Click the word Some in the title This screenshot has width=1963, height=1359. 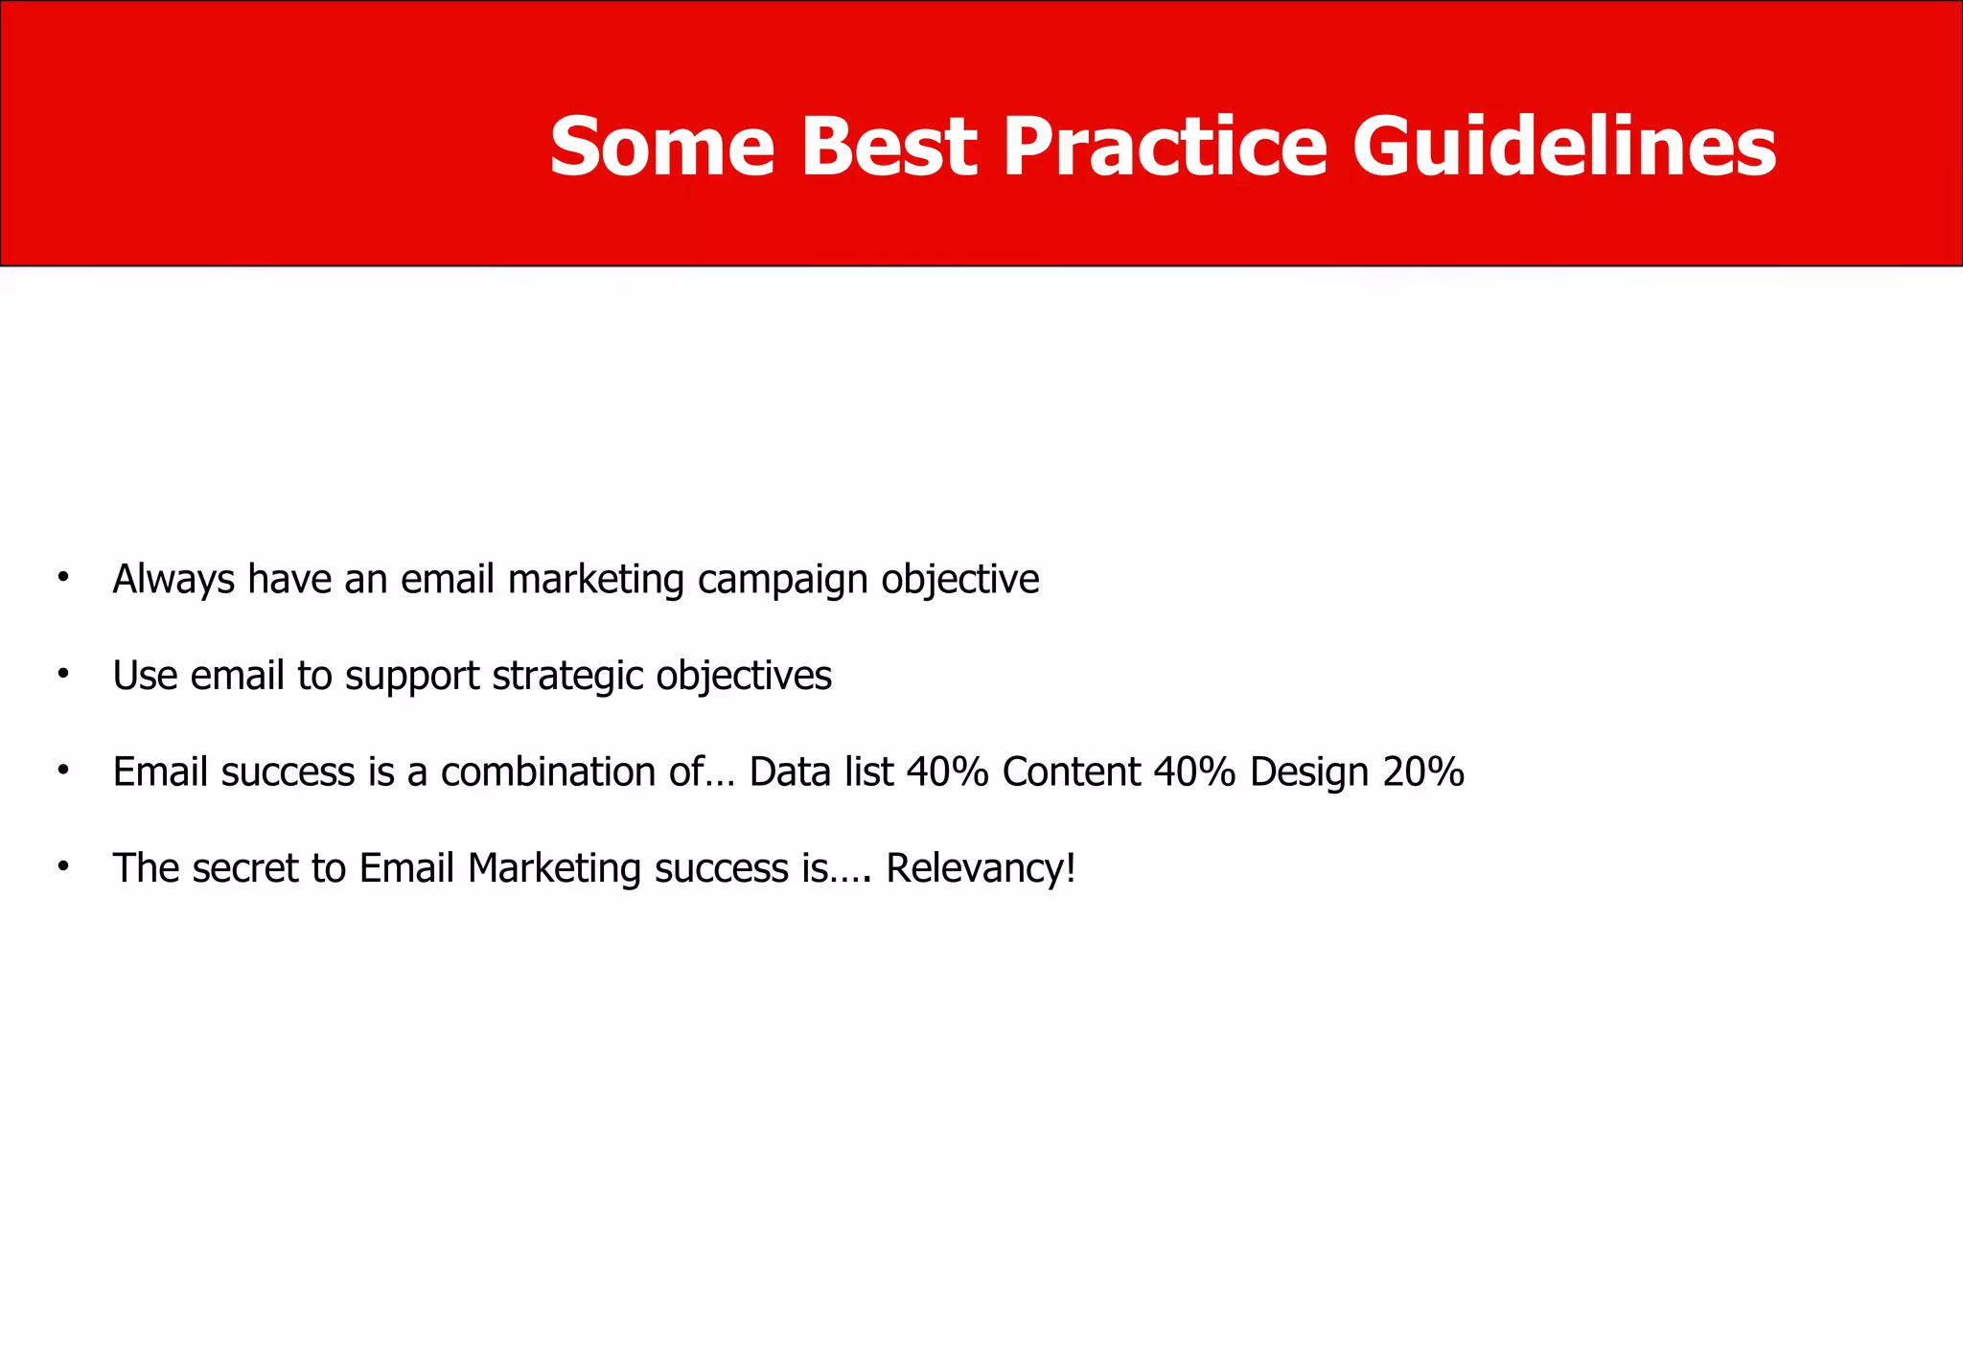(x=661, y=147)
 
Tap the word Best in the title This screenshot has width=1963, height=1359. (x=889, y=147)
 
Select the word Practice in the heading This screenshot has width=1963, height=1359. (x=1165, y=147)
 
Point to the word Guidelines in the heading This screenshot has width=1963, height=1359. (x=1564, y=147)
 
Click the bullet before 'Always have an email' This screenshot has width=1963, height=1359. (x=63, y=577)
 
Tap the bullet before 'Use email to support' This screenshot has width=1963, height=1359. (x=63, y=674)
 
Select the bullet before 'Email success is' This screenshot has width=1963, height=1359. (x=63, y=770)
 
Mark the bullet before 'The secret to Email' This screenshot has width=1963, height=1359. (x=63, y=866)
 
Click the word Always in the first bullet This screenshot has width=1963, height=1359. (x=173, y=580)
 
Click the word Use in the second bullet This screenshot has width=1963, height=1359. (x=145, y=676)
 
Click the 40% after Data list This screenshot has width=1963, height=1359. (x=947, y=772)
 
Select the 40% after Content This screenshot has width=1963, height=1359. (x=1194, y=772)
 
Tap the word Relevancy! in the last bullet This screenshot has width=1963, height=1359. (x=981, y=869)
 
